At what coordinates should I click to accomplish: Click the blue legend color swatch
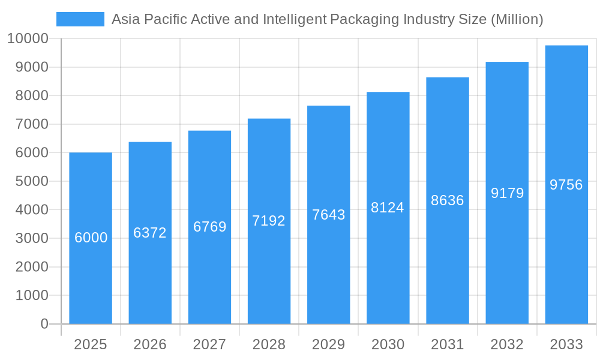coord(80,19)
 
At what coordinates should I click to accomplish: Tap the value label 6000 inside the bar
coord(91,238)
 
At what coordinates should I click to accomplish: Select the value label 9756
coord(566,185)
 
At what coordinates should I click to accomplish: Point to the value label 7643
coord(329,215)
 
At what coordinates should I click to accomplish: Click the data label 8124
coord(388,208)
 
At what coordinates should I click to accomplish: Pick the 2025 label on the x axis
coord(91,344)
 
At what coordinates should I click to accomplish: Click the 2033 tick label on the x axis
coord(566,344)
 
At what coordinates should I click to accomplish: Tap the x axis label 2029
coord(329,344)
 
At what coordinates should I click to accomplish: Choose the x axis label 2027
coord(209,344)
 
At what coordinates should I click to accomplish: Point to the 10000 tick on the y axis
coord(28,39)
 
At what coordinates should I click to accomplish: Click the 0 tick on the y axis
coord(44,324)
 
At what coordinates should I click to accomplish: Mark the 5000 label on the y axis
coord(32,181)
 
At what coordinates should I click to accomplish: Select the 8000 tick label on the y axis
coord(32,96)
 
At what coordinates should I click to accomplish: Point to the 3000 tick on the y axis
coord(32,238)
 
